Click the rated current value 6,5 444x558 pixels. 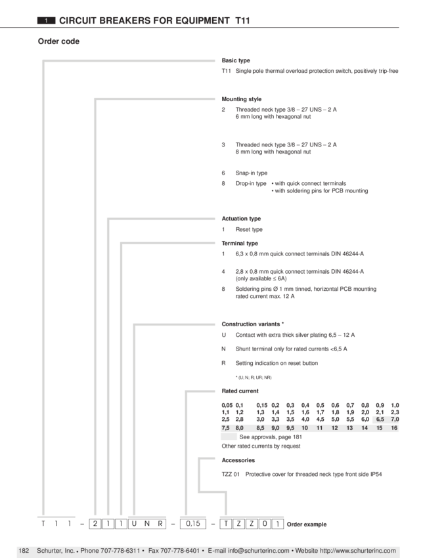click(x=380, y=419)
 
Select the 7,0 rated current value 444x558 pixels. click(x=395, y=419)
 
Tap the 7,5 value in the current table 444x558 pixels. click(x=225, y=428)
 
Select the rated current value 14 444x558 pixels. click(x=365, y=428)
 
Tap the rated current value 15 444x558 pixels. click(x=380, y=428)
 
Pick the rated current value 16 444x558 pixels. click(x=394, y=428)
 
